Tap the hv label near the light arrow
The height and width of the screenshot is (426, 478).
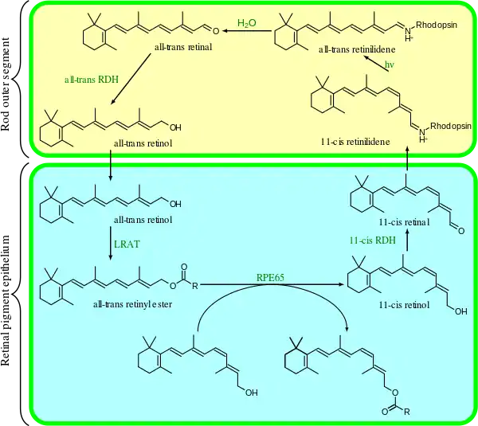tap(390, 64)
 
